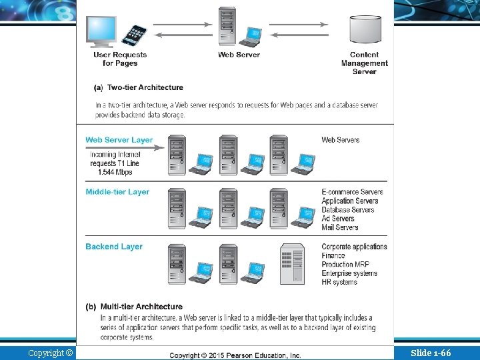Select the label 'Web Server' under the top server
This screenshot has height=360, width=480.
point(239,55)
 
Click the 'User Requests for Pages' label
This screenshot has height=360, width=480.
point(120,59)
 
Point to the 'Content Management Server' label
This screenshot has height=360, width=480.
point(364,63)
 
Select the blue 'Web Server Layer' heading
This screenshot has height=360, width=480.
point(119,140)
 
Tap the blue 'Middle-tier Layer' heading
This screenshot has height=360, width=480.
point(117,192)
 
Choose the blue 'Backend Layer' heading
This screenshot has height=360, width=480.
point(114,247)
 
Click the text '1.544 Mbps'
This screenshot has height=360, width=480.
point(115,172)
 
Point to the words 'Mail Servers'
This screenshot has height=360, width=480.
point(340,227)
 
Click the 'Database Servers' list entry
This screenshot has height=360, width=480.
point(348,210)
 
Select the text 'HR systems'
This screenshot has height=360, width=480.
point(339,282)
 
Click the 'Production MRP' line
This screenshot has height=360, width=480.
point(345,265)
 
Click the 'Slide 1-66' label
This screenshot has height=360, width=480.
point(431,353)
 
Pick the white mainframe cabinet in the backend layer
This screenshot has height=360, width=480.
point(292,265)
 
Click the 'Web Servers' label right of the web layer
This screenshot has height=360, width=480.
point(340,140)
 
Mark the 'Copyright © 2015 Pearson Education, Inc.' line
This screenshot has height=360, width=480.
point(235,356)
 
